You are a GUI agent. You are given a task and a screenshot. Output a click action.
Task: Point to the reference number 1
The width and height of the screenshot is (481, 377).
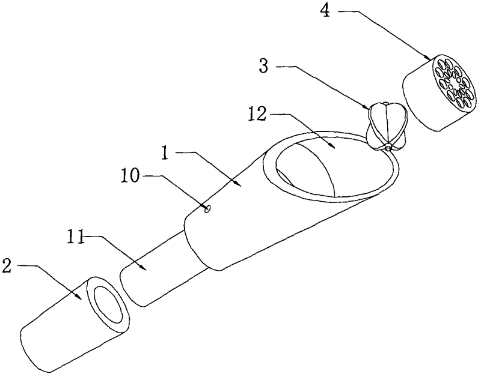click(166, 152)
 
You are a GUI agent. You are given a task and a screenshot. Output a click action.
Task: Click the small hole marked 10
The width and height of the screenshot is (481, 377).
click(207, 208)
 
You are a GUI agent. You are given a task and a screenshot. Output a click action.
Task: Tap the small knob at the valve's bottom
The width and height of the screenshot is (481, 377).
click(388, 146)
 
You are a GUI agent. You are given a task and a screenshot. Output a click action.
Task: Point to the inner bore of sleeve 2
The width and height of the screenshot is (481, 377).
click(109, 304)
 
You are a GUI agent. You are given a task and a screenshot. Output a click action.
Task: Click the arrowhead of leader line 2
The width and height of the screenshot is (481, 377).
click(80, 297)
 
